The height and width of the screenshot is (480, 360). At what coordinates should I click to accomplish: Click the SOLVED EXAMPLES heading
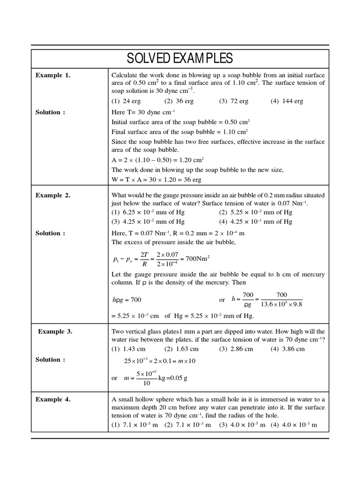(180, 58)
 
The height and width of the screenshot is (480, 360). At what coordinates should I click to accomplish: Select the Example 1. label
(53, 75)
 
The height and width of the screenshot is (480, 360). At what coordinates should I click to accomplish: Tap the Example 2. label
(53, 195)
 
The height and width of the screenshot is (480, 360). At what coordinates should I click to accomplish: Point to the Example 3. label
(55, 331)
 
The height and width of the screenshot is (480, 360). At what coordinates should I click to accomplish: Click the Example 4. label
(53, 399)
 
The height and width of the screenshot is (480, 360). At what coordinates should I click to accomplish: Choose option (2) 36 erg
(179, 101)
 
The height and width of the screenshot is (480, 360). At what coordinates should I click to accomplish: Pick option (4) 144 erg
(286, 101)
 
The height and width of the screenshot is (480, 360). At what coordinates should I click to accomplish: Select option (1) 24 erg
(126, 101)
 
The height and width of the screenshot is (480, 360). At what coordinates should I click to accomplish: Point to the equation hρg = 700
(126, 300)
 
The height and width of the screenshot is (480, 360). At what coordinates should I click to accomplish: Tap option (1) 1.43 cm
(128, 349)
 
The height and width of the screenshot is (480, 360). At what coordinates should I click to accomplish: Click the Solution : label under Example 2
(50, 233)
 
